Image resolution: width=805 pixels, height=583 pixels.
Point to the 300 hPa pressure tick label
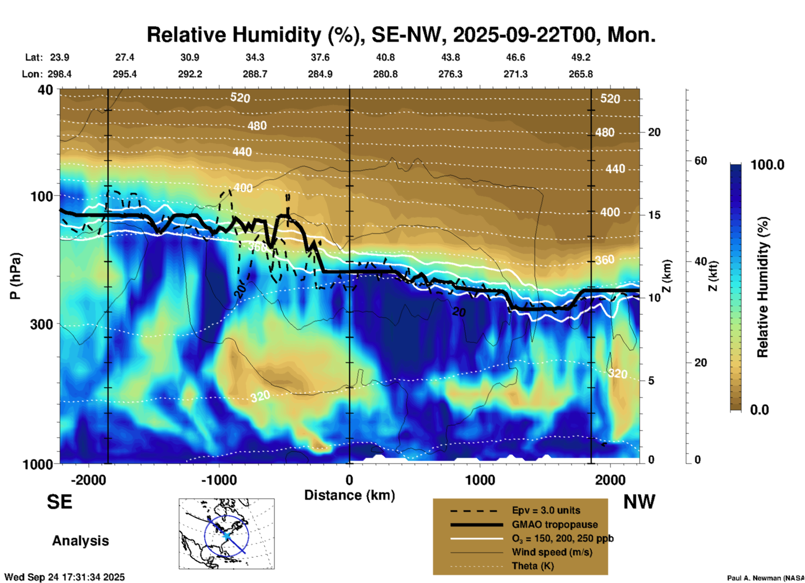point(41,324)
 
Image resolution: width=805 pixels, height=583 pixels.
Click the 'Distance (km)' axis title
point(349,495)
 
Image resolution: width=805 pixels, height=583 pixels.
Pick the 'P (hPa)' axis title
point(15,276)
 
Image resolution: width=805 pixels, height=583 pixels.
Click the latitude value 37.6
point(320,57)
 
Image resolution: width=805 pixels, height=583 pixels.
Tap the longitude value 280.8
point(385,74)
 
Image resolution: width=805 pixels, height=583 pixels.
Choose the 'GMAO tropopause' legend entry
point(554,524)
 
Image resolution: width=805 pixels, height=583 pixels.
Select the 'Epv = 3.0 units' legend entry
point(545,511)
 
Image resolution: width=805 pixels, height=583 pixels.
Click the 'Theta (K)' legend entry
point(532,566)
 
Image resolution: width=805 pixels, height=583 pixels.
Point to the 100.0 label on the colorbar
point(767,165)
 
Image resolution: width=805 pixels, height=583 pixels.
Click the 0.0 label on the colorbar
point(759,410)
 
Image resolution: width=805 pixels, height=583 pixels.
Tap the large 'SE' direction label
point(59,502)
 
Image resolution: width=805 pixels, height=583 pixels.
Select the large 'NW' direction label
point(639,502)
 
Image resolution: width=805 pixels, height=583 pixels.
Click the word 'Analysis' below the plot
point(80,541)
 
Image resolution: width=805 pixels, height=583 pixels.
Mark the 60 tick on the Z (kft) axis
point(701,161)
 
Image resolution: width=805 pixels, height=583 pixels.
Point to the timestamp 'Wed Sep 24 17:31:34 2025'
point(65,577)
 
